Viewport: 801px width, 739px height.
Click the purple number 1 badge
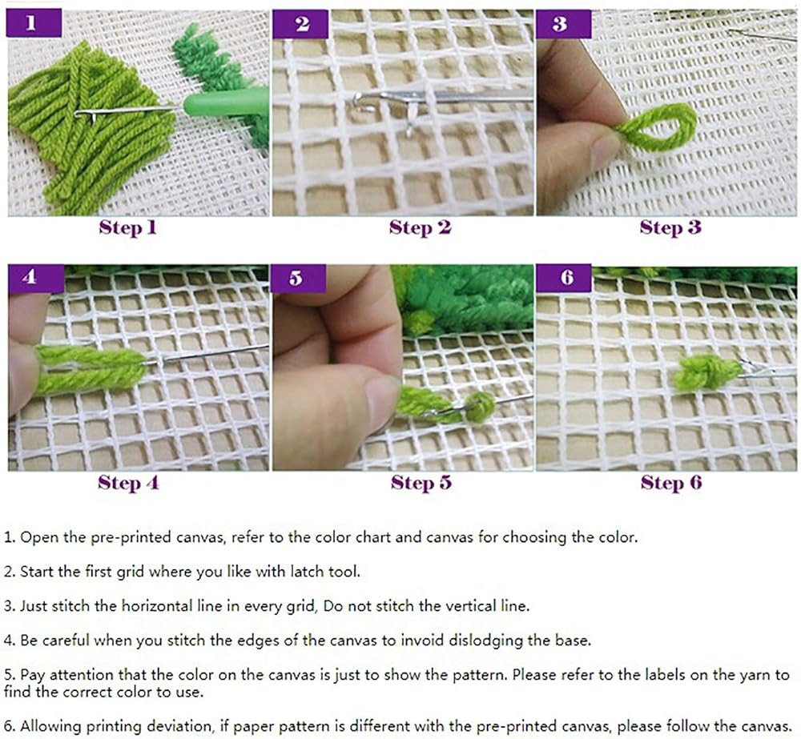tap(34, 23)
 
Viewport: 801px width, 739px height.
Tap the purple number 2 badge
tap(300, 24)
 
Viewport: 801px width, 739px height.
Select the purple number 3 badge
tap(563, 24)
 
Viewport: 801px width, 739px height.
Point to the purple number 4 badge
tap(36, 279)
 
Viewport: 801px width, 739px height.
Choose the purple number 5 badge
tap(299, 279)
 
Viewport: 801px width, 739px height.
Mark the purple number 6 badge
tap(563, 279)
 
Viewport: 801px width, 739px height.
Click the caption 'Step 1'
tap(127, 227)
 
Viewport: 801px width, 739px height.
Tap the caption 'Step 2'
tap(420, 227)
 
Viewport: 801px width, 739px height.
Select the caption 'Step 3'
tap(670, 227)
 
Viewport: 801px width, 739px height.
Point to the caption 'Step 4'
tap(128, 483)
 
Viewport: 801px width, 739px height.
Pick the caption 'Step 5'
tap(421, 483)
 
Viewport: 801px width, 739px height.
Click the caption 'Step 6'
tap(671, 483)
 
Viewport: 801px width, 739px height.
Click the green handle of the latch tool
tap(226, 102)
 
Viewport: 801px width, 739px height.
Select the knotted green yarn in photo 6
tap(706, 372)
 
